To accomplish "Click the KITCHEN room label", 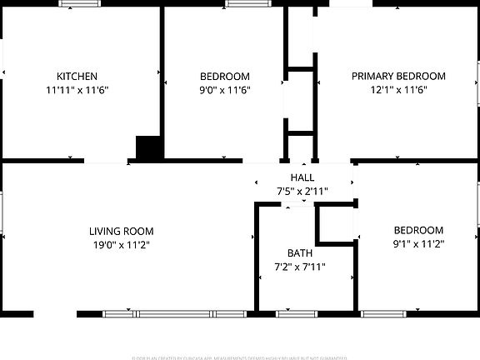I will (x=77, y=76).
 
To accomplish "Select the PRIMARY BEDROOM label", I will (x=398, y=76).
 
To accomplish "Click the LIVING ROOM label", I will (x=122, y=231).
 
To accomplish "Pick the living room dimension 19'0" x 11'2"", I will (x=122, y=245).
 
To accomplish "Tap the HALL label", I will (x=302, y=178).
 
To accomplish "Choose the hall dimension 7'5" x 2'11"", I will (x=302, y=192).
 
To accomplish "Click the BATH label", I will (x=300, y=253).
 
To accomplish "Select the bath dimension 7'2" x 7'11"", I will (x=300, y=267).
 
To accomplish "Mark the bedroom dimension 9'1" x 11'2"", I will (x=418, y=245).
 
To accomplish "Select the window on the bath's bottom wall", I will (x=297, y=314).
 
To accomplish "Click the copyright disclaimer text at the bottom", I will (x=240, y=357).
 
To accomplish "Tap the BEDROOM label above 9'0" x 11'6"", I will (x=225, y=76).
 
